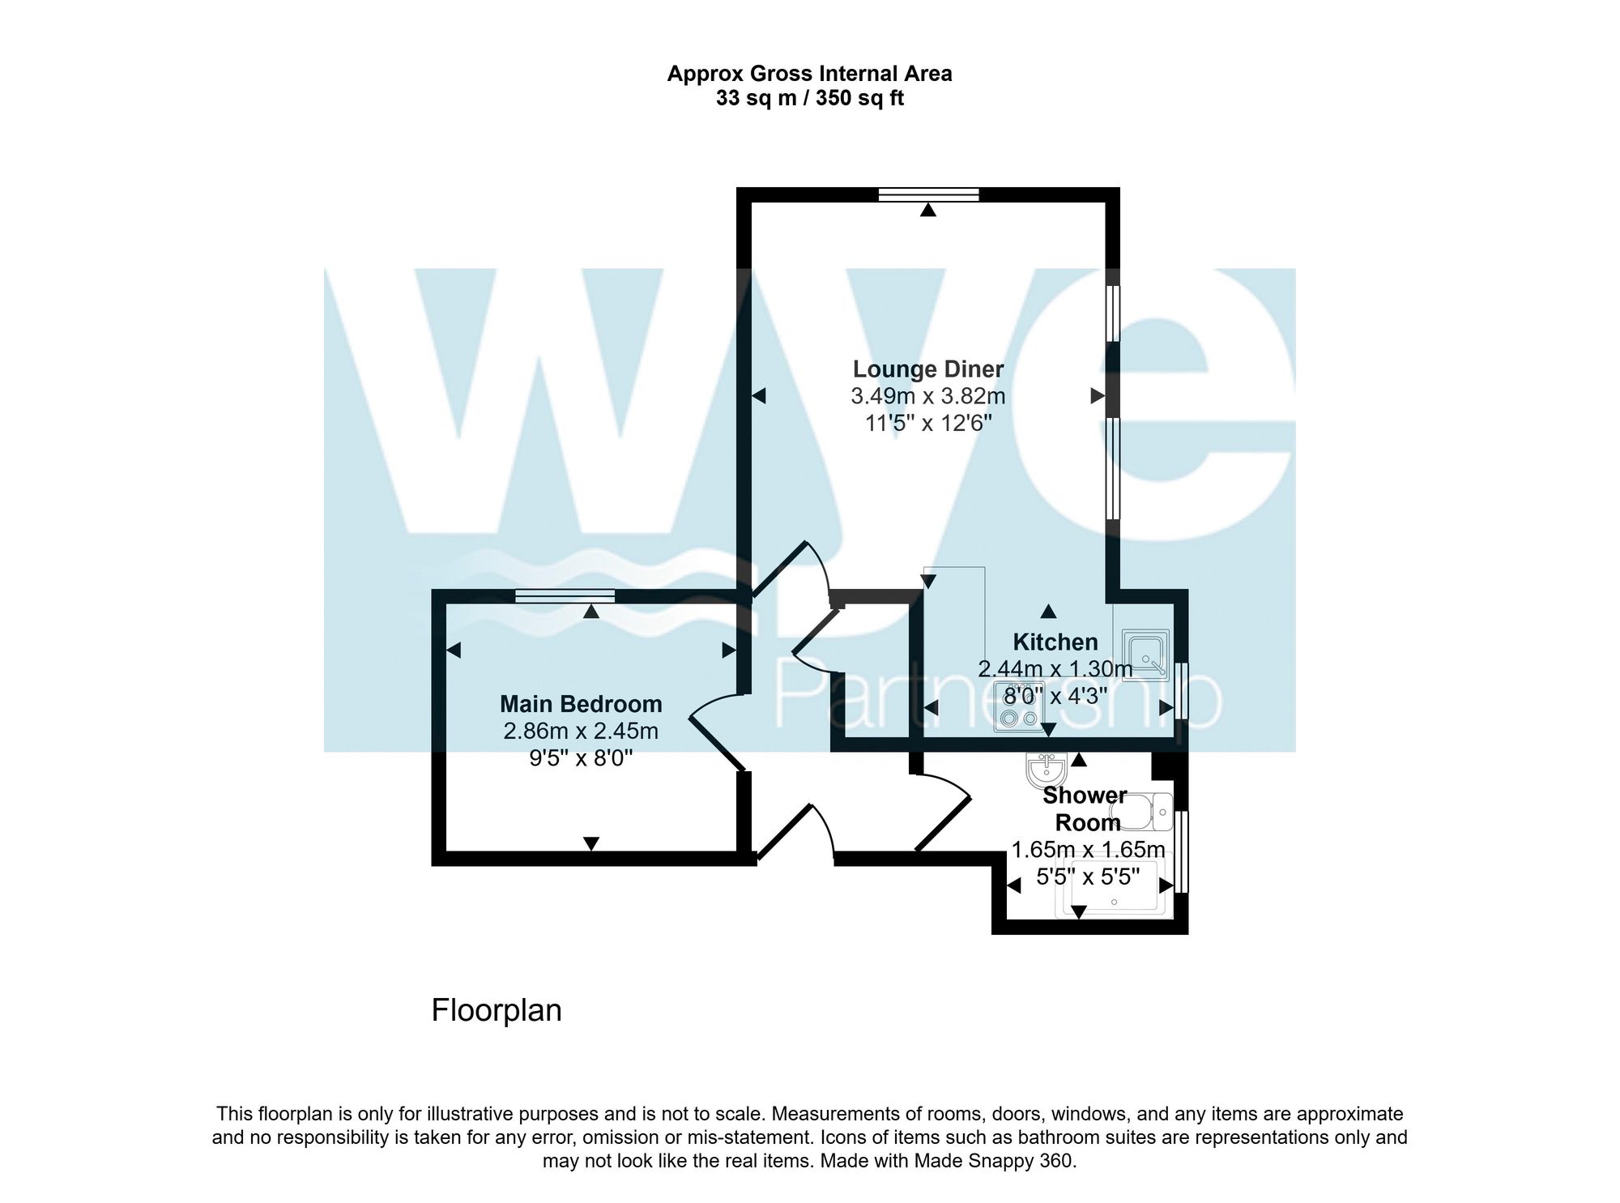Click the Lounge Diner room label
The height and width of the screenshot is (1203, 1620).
[x=927, y=369]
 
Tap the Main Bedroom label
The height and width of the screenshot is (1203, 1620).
[x=581, y=704]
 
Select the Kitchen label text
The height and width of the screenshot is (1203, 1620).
[x=1055, y=642]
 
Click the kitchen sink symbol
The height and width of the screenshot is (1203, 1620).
[x=1145, y=655]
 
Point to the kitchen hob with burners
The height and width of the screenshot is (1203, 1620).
[x=1018, y=707]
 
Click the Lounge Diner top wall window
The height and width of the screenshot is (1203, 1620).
[x=928, y=194]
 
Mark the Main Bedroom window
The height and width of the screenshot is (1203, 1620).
[x=565, y=596]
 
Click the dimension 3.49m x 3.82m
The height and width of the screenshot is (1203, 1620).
[x=927, y=396]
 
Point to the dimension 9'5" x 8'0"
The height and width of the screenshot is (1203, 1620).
[x=581, y=758]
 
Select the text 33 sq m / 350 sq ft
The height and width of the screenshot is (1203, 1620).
[x=809, y=99]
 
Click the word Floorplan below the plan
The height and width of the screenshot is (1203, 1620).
[x=497, y=1010]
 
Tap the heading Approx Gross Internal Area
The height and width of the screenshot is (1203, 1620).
[x=809, y=74]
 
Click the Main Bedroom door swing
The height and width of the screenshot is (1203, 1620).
[x=713, y=729]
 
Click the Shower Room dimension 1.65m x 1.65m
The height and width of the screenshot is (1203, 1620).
[x=1088, y=850]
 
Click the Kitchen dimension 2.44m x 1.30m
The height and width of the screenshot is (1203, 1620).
[x=1055, y=669]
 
